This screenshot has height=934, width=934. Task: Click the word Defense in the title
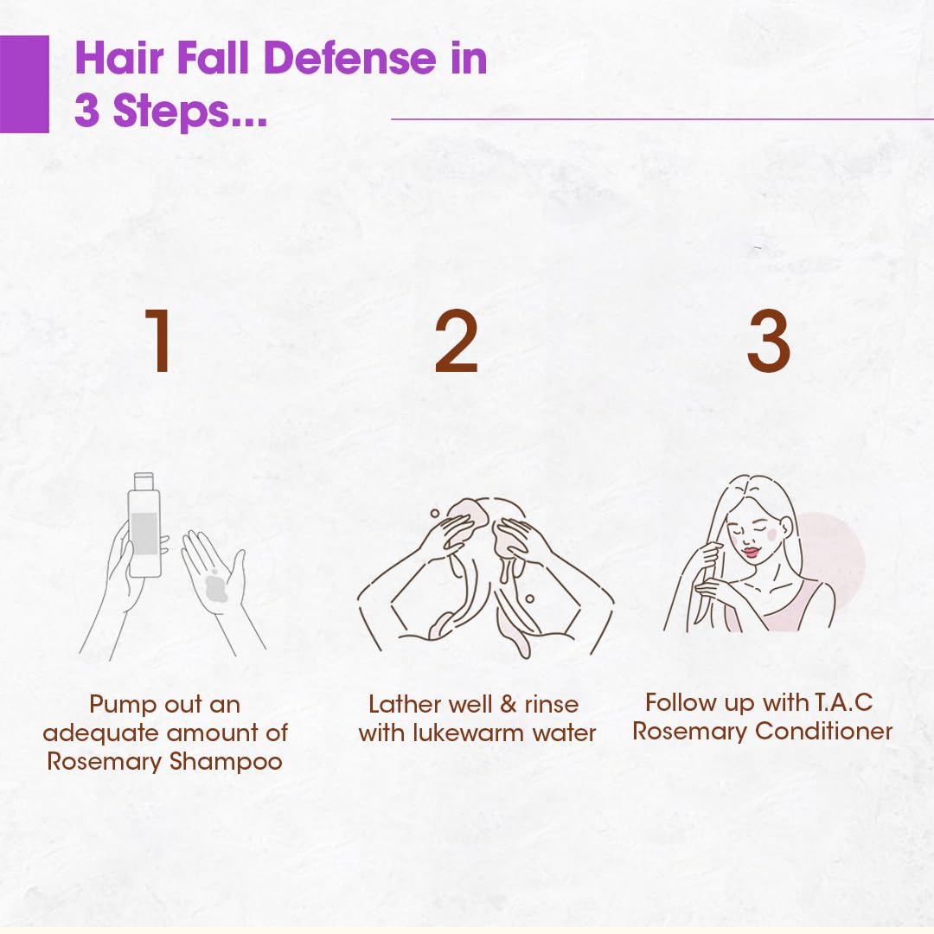[349, 59]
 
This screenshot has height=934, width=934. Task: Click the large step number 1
[159, 341]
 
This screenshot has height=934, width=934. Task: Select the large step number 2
[456, 341]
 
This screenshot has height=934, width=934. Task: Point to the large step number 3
[769, 341]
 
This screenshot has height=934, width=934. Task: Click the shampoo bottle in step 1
[144, 525]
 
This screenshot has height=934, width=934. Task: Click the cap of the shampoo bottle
[144, 481]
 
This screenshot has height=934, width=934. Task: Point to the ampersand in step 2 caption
[509, 705]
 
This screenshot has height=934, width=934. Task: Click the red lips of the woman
[752, 553]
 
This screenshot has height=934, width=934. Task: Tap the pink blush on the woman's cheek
[772, 534]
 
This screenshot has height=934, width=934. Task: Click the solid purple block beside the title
[24, 84]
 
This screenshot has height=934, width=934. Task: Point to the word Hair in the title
[119, 59]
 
